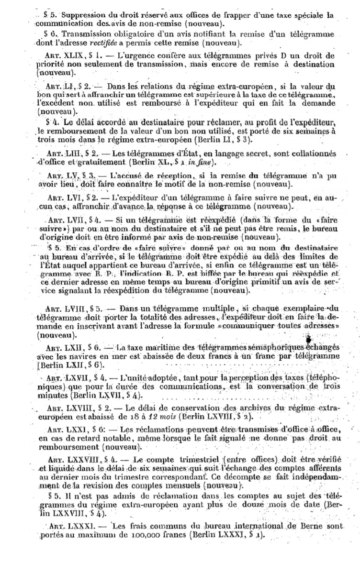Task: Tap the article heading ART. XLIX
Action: point(67,56)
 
